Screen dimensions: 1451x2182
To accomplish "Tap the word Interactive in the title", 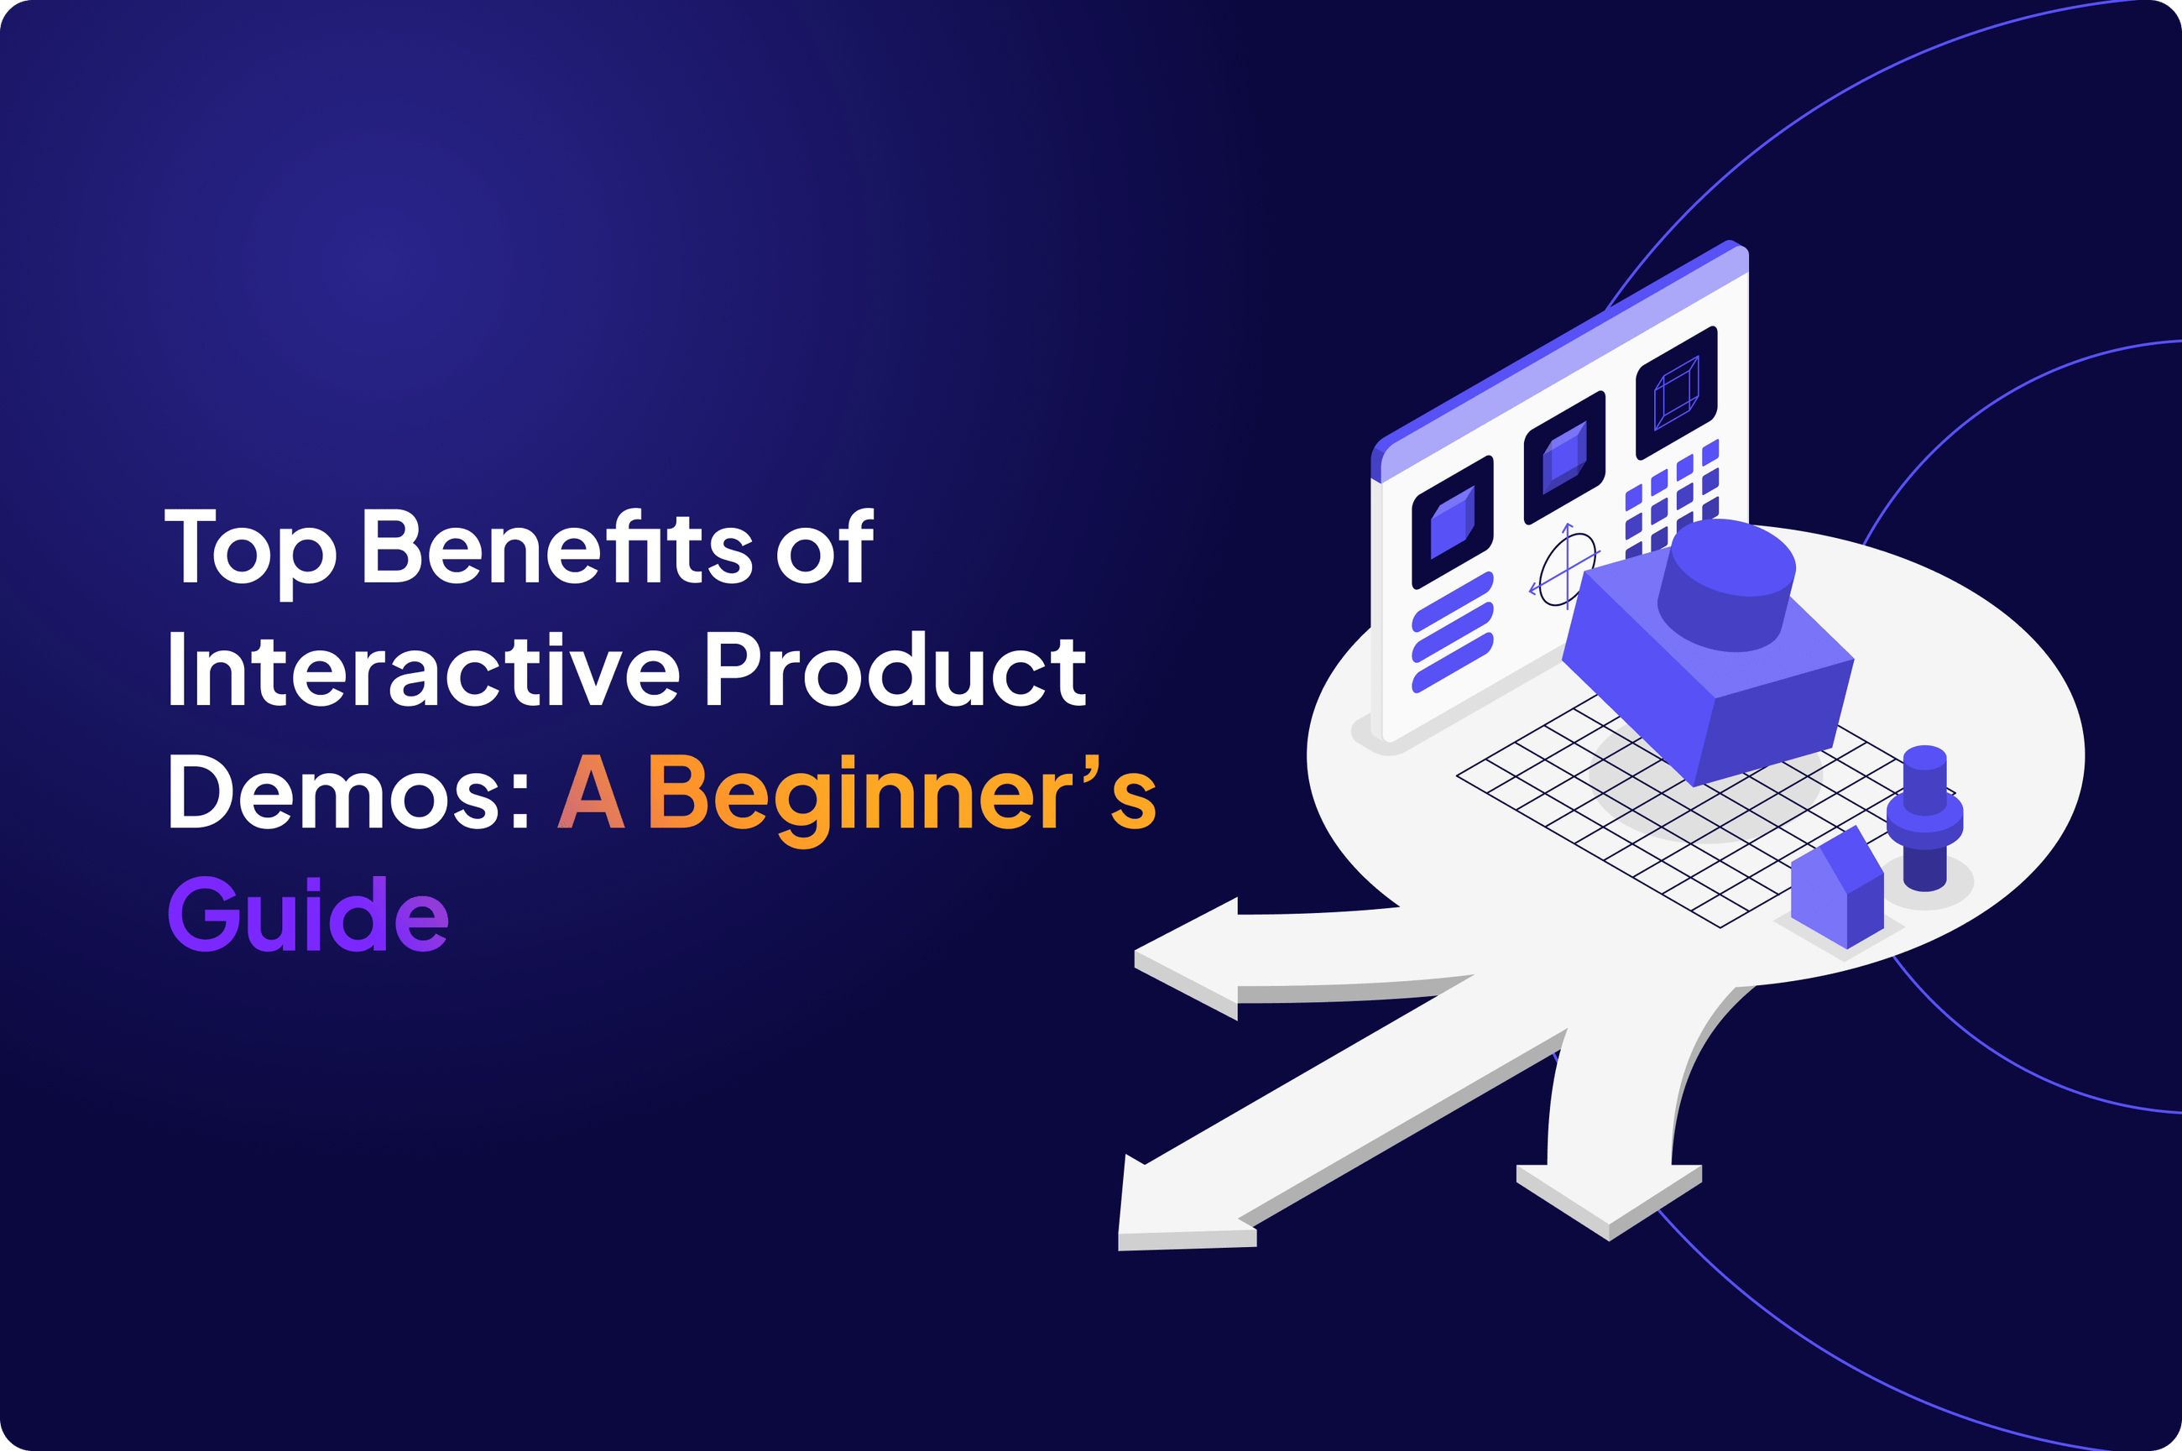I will (x=422, y=670).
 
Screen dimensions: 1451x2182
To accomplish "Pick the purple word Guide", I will (x=308, y=914).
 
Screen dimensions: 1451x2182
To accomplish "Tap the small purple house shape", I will (x=1836, y=890).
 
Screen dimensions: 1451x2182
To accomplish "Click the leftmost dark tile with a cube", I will (x=1452, y=523).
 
